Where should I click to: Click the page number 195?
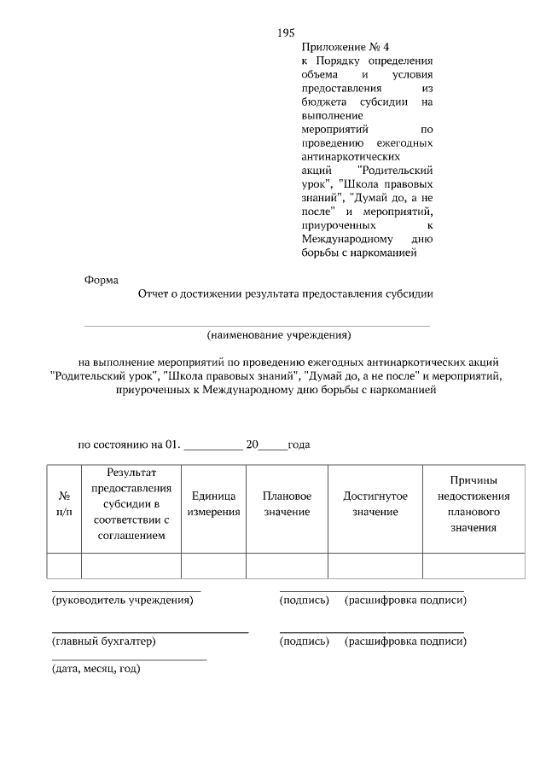[x=286, y=32]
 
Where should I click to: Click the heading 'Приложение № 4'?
[x=339, y=47]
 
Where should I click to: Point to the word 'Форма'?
[x=102, y=280]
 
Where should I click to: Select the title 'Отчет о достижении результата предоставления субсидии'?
[x=286, y=294]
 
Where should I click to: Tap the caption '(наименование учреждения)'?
[x=279, y=334]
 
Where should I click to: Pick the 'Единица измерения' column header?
[x=213, y=503]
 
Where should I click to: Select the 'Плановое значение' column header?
[x=287, y=503]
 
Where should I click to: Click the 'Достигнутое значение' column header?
[x=375, y=503]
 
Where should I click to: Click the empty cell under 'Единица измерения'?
[x=213, y=566]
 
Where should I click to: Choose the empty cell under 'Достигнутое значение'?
[x=375, y=566]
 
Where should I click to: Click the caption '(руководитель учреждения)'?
[x=123, y=601]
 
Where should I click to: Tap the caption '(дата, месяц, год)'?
[x=96, y=669]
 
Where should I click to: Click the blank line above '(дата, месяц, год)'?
[x=129, y=660]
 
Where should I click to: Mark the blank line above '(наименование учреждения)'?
[x=256, y=325]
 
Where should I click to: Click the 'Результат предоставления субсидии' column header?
[x=131, y=503]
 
